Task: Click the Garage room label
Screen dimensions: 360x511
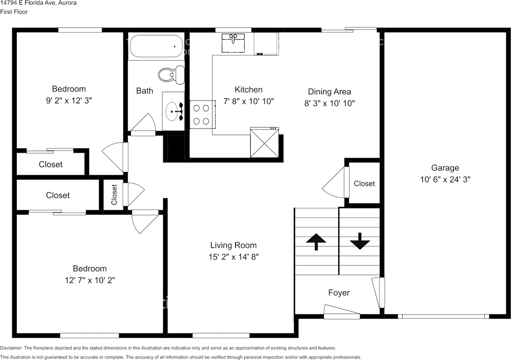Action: pyautogui.click(x=445, y=168)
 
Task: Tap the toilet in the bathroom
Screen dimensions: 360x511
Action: pyautogui.click(x=171, y=75)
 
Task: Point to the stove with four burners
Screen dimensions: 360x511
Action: pyautogui.click(x=200, y=114)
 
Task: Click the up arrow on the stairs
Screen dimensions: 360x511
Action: pyautogui.click(x=316, y=241)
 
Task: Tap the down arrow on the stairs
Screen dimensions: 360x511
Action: pyautogui.click(x=360, y=241)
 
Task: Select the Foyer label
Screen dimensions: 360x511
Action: pyautogui.click(x=339, y=293)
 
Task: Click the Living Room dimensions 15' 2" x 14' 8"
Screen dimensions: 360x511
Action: pyautogui.click(x=234, y=257)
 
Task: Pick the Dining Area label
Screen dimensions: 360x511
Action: pyautogui.click(x=329, y=92)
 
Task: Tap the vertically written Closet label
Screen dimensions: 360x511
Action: pyautogui.click(x=115, y=194)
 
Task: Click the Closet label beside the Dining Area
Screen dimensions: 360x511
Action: pyautogui.click(x=364, y=184)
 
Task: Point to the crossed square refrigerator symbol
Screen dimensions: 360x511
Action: pyautogui.click(x=264, y=142)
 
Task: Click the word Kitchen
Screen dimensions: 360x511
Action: pyautogui.click(x=248, y=90)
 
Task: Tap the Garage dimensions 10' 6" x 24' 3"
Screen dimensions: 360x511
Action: pyautogui.click(x=445, y=180)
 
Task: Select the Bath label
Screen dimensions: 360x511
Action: pyautogui.click(x=145, y=91)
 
